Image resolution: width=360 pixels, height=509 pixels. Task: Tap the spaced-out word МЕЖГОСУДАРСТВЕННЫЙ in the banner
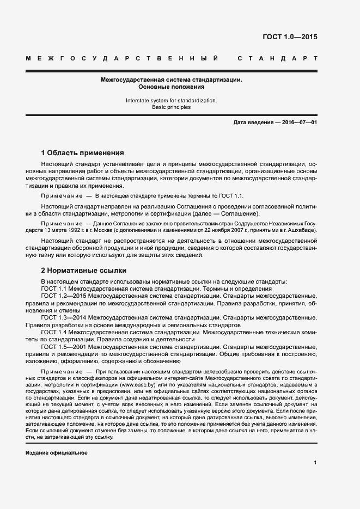coord(123,58)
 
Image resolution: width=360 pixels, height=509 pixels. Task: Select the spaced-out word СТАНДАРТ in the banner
coord(277,58)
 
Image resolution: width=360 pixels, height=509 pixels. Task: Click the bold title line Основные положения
coord(171,87)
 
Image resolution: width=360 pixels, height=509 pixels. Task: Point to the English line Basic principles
coord(171,107)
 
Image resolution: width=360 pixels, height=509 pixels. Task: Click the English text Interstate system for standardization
coord(171,100)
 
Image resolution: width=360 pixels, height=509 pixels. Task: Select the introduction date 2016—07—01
coord(299,123)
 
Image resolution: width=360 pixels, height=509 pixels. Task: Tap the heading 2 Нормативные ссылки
coord(84,270)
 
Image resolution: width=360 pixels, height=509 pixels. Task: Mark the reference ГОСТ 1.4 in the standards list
coord(54,332)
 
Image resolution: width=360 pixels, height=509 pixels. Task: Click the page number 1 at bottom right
coord(315,463)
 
